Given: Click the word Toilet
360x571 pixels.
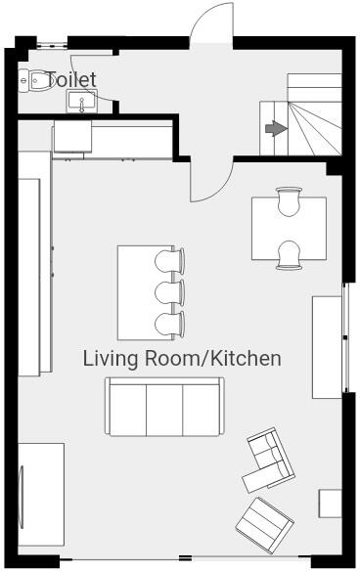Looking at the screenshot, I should coord(71,78).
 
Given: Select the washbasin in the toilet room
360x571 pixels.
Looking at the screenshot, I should coord(81,100).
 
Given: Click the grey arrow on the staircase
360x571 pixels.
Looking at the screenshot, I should coord(276,128).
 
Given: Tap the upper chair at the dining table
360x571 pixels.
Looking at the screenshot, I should coord(289,200).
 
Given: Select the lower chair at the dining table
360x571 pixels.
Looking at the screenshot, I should coord(289,255).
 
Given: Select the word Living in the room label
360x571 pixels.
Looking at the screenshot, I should coord(111,359).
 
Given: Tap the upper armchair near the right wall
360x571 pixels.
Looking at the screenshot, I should coord(267,460).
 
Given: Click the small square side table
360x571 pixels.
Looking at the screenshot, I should coord(330,503).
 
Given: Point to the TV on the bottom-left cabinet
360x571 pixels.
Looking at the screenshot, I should coord(22,494).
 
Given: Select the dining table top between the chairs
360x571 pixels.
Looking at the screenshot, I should coord(289,229).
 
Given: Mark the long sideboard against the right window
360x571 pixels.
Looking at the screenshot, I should coord(327,346).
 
